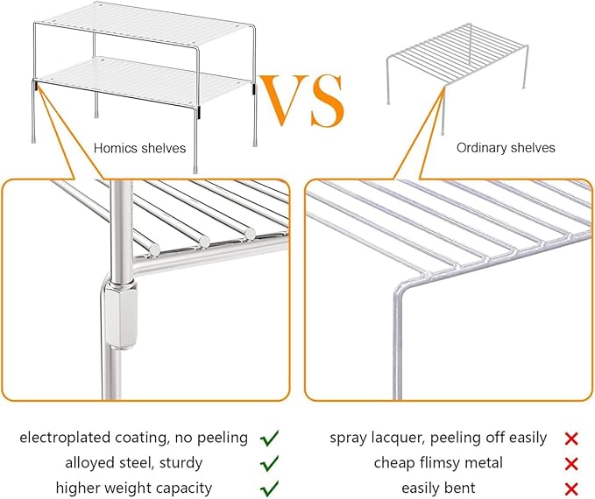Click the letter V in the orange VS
284,100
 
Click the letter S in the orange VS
327,101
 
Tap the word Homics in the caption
116,148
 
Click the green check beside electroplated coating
269,439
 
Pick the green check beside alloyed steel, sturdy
269,463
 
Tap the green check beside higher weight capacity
269,488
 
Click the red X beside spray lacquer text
571,439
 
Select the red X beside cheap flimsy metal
571,464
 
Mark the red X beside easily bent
571,489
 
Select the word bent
461,488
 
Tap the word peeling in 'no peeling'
223,439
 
